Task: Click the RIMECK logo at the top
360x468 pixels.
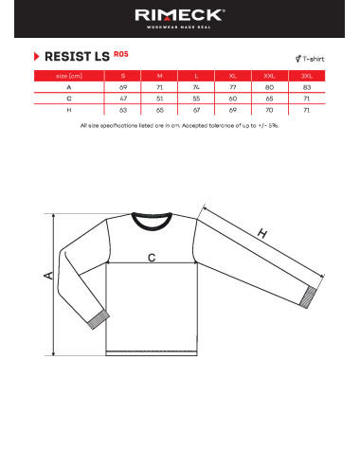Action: pos(180,16)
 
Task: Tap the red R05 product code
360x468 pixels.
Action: pos(120,53)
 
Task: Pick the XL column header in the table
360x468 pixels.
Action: pos(232,74)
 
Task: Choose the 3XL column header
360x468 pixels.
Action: pos(306,74)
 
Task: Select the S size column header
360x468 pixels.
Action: pos(122,74)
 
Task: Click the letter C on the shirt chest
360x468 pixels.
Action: pos(151,257)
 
